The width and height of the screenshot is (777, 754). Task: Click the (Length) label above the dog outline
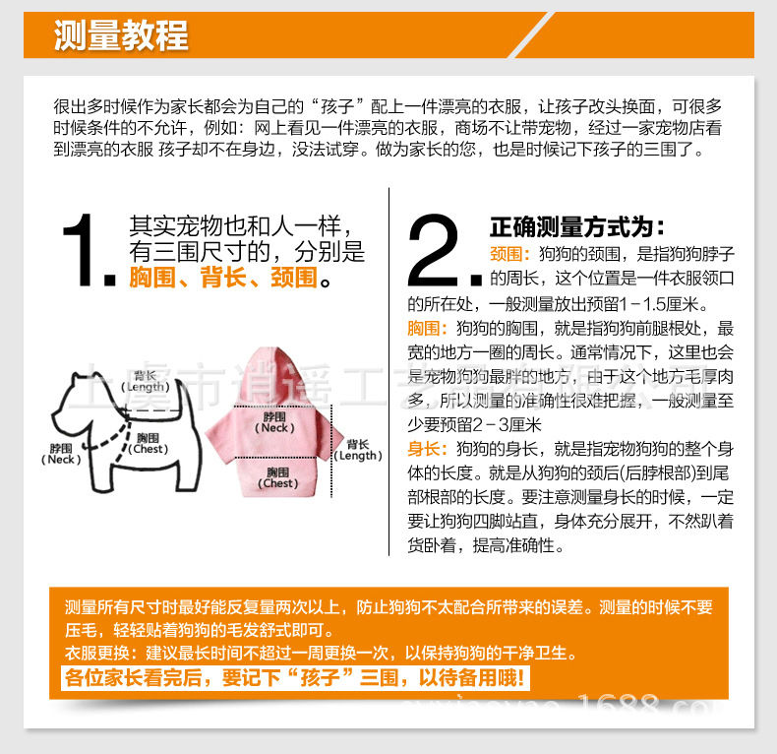click(x=146, y=387)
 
